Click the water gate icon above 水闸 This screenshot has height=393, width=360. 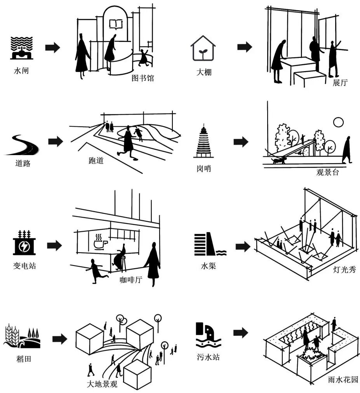coord(22,48)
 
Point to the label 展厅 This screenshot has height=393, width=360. coord(340,83)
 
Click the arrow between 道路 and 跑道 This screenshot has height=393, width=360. coord(55,141)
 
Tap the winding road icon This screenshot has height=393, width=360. coord(22,145)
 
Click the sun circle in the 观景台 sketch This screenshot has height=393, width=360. coord(338,122)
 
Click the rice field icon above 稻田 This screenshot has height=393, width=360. coord(22,337)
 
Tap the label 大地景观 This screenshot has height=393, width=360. coord(102,385)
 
